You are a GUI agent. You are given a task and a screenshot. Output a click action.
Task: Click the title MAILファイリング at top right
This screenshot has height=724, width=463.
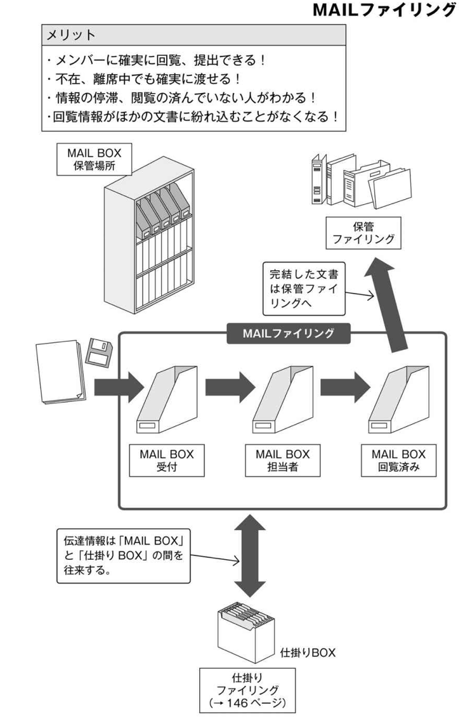point(384,11)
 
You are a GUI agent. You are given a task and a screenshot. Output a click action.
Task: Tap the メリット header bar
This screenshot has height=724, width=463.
point(193,35)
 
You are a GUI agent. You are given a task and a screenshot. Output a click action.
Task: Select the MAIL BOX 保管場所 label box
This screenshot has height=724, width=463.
point(93,159)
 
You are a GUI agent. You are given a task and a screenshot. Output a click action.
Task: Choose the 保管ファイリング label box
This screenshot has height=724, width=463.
point(363,233)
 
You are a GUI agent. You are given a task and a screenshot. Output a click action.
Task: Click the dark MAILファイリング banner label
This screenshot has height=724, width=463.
point(289,333)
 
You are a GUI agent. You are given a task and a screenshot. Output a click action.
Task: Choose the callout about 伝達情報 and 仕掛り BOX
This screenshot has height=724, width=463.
point(124,555)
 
